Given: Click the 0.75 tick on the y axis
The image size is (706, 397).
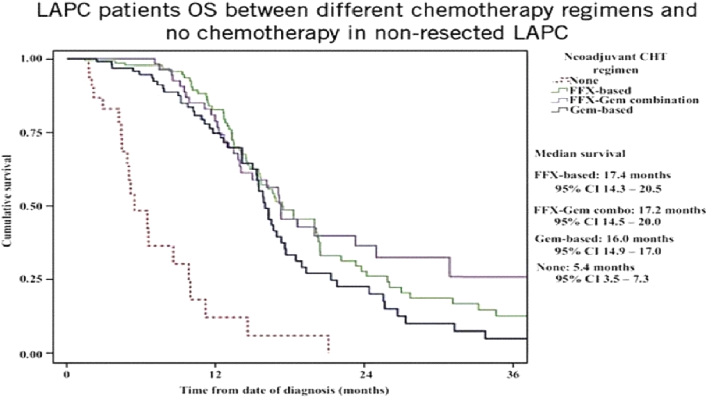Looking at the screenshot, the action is pos(31,132).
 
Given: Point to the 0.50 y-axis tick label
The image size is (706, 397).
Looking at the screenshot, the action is pos(31,206).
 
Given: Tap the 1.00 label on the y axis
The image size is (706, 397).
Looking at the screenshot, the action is pos(31,59).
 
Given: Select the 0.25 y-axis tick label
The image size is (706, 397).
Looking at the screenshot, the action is pos(31,279).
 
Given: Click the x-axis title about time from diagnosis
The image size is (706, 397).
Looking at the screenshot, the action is pos(284,390).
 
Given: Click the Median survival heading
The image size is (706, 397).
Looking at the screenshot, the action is pos(580,153).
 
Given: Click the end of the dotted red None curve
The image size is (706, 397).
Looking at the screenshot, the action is pos(329,352).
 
